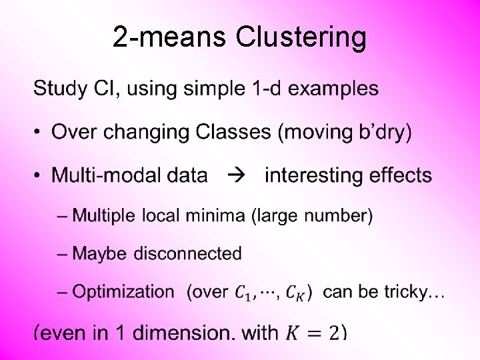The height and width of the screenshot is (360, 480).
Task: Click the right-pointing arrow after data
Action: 237,176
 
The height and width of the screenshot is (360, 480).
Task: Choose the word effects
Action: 400,176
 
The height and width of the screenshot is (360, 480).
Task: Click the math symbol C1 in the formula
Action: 244,292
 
